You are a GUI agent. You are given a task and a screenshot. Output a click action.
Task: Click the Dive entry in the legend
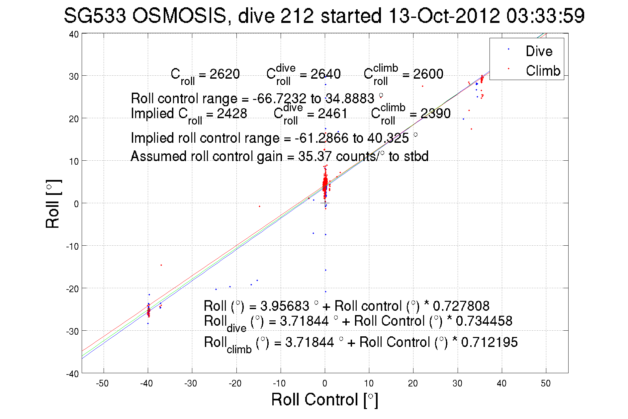tap(539, 51)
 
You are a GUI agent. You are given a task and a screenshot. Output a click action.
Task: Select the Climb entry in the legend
tap(543, 71)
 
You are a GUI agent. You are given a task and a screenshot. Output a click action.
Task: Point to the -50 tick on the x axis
tap(102, 383)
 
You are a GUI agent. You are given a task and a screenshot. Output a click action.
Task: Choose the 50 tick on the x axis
tap(546, 383)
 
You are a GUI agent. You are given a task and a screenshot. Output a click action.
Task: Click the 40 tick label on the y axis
tap(74, 34)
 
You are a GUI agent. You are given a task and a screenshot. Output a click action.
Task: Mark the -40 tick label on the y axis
tap(72, 374)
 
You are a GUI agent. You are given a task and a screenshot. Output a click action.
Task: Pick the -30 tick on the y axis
tap(72, 331)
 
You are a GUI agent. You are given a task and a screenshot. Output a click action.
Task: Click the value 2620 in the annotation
tap(224, 74)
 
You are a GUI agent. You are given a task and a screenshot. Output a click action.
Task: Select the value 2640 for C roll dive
tap(325, 74)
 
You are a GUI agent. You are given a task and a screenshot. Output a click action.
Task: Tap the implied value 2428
tap(232, 114)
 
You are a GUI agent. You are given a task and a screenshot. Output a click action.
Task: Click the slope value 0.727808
tap(461, 306)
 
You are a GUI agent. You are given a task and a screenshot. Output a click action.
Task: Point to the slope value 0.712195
tap(489, 342)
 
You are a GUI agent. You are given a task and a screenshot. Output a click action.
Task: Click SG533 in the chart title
tap(95, 16)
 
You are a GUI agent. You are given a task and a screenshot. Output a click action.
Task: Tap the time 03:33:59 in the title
tap(545, 16)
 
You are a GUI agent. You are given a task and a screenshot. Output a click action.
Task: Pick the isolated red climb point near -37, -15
tap(161, 265)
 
